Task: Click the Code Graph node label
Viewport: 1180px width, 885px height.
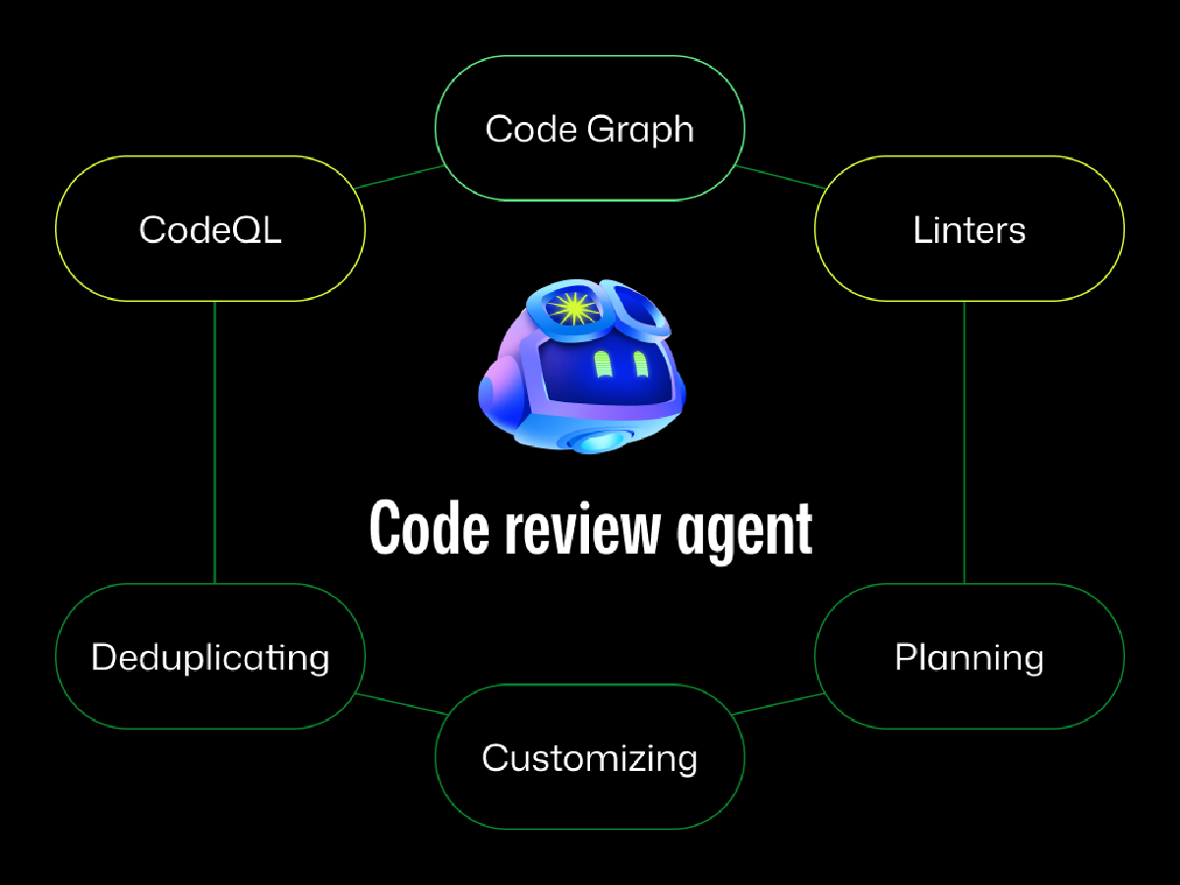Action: click(x=589, y=129)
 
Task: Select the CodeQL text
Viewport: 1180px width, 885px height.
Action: click(x=210, y=230)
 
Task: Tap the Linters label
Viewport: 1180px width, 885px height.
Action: click(x=969, y=230)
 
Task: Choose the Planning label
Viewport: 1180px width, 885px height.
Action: click(x=969, y=657)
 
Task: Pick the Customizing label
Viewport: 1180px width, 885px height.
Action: click(x=589, y=757)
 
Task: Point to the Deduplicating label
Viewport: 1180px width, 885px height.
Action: click(x=210, y=657)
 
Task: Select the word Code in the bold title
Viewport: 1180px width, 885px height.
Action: click(x=429, y=531)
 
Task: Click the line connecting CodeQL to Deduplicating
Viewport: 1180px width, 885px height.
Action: click(x=214, y=442)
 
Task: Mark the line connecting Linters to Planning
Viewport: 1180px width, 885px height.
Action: click(x=964, y=442)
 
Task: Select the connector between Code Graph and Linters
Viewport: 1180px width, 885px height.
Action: click(x=781, y=177)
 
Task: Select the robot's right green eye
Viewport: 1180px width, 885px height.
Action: click(x=639, y=365)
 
